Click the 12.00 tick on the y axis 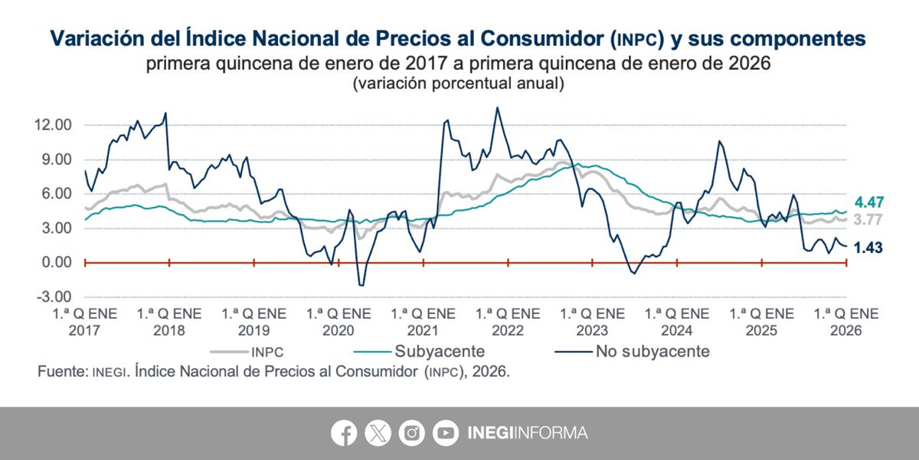[54, 125]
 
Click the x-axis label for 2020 [338, 321]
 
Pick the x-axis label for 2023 [592, 321]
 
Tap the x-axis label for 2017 [84, 321]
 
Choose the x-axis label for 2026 [845, 321]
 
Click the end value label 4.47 [869, 203]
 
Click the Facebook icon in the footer [344, 433]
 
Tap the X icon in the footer [378, 433]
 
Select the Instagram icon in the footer [412, 433]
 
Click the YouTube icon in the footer [446, 433]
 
